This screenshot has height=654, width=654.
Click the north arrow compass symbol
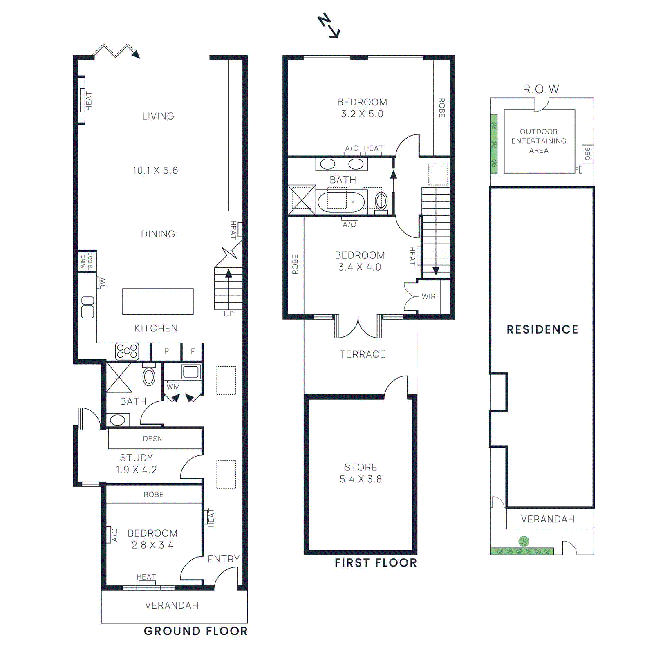pos(329,26)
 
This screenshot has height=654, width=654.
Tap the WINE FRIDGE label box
pos(87,261)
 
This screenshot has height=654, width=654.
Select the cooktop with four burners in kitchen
pos(127,351)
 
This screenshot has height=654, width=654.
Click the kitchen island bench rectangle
pos(158,302)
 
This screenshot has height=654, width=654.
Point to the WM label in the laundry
pos(173,387)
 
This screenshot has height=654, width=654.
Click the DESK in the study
pos(152,439)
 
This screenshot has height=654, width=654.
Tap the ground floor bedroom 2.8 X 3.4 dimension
pos(152,545)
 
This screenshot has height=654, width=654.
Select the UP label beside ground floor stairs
pos(228,314)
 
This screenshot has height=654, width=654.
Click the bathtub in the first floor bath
pos(341,202)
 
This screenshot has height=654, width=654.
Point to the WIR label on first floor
pos(428,296)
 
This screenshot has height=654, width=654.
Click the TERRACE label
pos(362,354)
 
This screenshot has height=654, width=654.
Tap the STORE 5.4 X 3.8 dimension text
pos(361,479)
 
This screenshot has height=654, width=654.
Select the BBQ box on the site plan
pos(587,154)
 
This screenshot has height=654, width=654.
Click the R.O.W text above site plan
pos(541,89)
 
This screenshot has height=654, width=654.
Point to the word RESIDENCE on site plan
pos(542,329)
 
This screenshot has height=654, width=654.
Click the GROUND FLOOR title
pos(195,631)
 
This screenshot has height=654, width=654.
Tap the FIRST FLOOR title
pos(376,563)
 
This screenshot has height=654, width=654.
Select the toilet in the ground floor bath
pos(149,376)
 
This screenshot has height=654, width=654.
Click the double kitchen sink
pos(87,307)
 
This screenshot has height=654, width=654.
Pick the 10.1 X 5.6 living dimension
pos(155,170)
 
